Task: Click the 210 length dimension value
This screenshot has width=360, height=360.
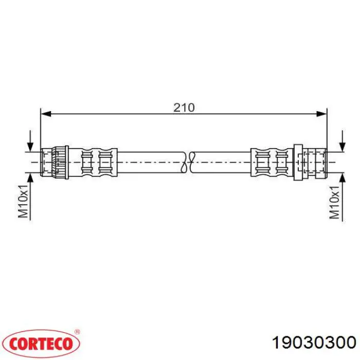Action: click(x=184, y=107)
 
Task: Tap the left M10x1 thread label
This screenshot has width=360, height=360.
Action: click(x=23, y=201)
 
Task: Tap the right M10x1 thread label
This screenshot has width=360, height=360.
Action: click(x=334, y=202)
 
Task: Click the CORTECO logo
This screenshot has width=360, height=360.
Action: click(x=41, y=344)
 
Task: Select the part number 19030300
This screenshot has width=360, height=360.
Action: click(x=314, y=343)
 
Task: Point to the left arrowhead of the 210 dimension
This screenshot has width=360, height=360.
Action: click(x=45, y=114)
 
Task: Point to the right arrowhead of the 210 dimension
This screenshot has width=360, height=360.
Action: click(x=321, y=114)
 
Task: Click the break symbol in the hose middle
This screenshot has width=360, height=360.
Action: click(x=188, y=162)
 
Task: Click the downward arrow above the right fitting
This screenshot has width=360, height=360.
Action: click(x=342, y=141)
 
